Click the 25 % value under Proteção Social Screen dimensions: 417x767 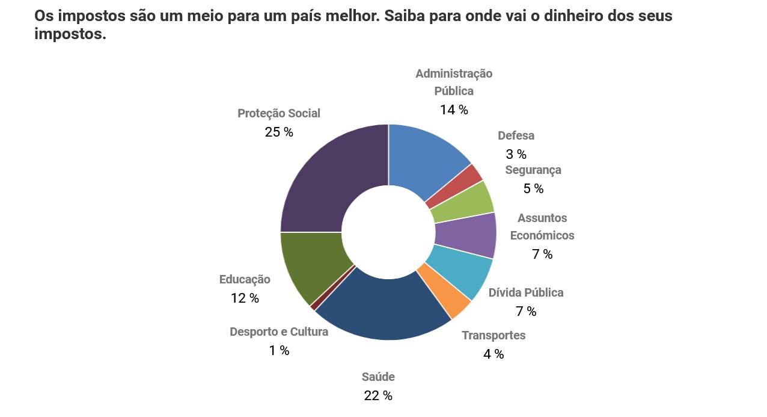(x=279, y=132)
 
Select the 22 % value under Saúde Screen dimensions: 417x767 (x=378, y=396)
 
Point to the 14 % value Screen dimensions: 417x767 (x=454, y=110)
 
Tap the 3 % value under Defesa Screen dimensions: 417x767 (x=516, y=155)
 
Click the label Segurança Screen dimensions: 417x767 (x=533, y=170)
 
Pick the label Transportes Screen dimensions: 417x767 (x=494, y=336)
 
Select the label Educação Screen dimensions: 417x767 (x=245, y=280)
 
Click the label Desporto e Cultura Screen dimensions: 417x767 (x=279, y=332)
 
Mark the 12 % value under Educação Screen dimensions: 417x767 (x=245, y=298)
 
